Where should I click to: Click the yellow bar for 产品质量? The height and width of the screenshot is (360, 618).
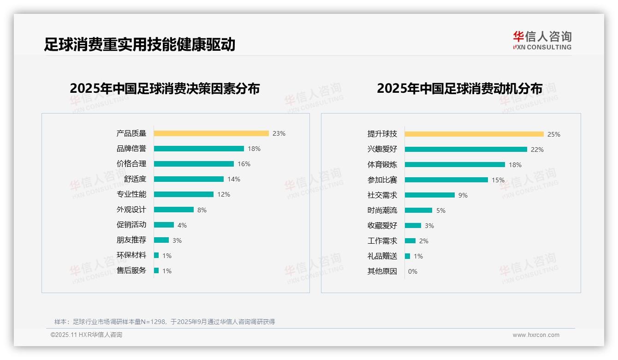211,133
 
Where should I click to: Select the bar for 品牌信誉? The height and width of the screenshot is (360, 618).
199,149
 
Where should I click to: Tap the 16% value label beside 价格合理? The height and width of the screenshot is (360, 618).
244,164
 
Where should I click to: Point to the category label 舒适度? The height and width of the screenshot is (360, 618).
135,179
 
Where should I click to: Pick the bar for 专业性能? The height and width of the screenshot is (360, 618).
184,194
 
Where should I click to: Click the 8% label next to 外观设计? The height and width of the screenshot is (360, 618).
202,210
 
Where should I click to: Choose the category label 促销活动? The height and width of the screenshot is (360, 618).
131,225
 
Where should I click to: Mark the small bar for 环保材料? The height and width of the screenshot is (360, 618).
156,255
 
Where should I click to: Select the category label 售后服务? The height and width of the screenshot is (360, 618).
131,270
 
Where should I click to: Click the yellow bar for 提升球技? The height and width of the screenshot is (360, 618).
474,134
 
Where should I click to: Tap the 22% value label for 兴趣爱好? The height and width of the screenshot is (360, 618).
537,150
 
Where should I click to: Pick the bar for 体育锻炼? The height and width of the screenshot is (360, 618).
455,165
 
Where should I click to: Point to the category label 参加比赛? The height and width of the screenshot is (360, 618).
382,180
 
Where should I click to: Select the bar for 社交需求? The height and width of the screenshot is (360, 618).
430,195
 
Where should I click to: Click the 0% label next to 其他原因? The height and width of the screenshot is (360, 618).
413,271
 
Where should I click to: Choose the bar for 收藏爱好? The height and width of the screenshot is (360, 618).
413,226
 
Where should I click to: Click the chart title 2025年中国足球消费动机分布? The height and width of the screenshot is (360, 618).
459,89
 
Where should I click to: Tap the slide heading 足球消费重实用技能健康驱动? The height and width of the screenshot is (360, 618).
140,44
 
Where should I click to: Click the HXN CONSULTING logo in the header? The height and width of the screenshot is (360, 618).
542,41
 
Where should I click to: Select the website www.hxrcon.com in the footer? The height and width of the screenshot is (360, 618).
536,335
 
